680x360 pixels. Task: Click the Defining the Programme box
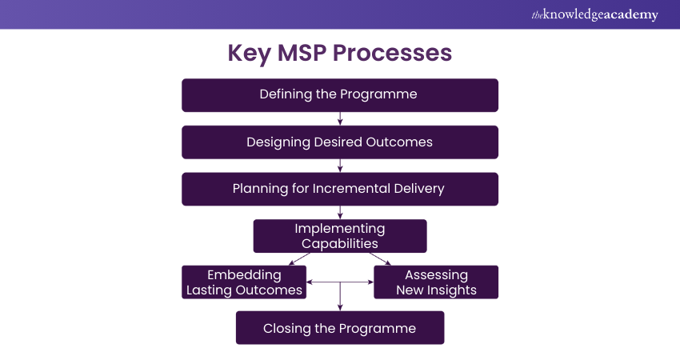pos(340,94)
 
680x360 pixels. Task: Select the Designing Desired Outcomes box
pos(340,142)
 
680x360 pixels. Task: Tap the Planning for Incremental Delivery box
pos(340,189)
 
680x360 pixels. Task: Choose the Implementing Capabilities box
pos(340,236)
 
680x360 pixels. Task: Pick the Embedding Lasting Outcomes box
pos(245,282)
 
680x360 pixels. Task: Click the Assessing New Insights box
pos(436,282)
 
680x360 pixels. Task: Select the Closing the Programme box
pos(340,328)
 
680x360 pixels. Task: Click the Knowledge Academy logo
pos(595,14)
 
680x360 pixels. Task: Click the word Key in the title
pos(249,53)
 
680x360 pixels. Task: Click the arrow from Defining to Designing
pos(341,118)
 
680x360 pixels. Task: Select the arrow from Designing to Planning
pos(341,166)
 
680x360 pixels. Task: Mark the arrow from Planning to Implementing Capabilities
pos(341,212)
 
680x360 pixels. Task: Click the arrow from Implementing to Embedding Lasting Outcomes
pos(298,258)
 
